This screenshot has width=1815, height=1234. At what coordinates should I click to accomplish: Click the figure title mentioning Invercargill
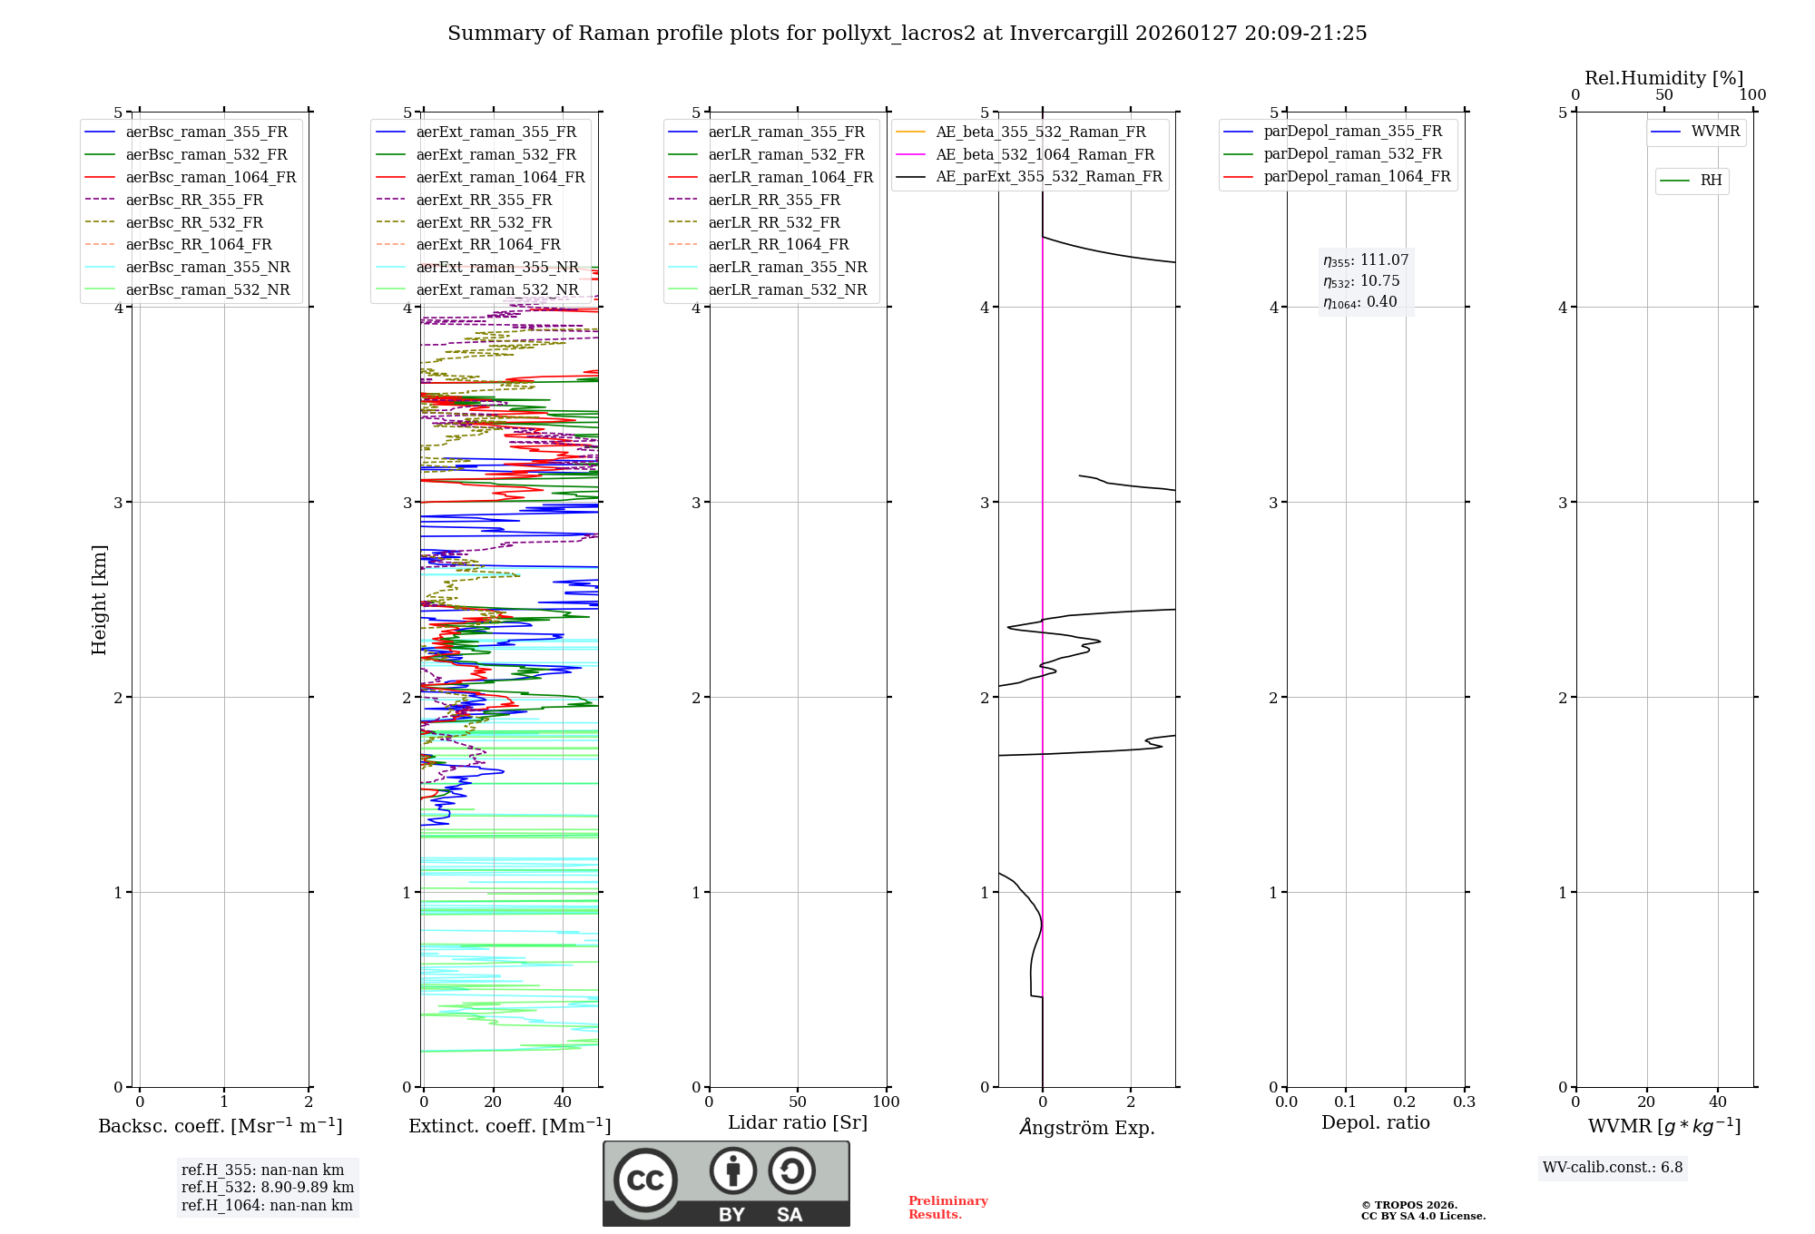pyautogui.click(x=907, y=34)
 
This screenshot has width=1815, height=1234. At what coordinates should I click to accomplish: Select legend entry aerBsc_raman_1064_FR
pyautogui.click(x=211, y=177)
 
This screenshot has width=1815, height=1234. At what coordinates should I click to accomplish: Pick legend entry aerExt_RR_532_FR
pyautogui.click(x=483, y=222)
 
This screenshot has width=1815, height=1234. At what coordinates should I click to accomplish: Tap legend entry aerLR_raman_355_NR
pyautogui.click(x=787, y=267)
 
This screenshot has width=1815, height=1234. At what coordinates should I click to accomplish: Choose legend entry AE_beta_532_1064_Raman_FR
pyautogui.click(x=1045, y=154)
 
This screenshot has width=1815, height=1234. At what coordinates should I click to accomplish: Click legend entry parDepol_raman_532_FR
pyautogui.click(x=1352, y=153)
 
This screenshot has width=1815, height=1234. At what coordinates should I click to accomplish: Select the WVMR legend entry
pyautogui.click(x=1714, y=132)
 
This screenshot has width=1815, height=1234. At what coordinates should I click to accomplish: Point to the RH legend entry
pyautogui.click(x=1711, y=181)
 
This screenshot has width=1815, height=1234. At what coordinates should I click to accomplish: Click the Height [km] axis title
pyautogui.click(x=99, y=599)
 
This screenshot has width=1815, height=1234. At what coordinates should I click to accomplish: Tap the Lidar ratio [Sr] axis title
pyautogui.click(x=797, y=1122)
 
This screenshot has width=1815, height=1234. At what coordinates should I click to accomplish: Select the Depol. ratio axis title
pyautogui.click(x=1375, y=1122)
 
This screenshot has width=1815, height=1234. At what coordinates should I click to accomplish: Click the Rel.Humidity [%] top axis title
pyautogui.click(x=1663, y=78)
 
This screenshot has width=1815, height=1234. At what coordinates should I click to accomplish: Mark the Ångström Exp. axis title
pyautogui.click(x=1086, y=1127)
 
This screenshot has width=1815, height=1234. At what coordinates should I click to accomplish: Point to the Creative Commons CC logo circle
pyautogui.click(x=645, y=1180)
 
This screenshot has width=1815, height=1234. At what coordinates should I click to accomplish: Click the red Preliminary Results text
pyautogui.click(x=947, y=1207)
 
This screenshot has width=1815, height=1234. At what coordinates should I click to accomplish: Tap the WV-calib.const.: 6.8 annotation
pyautogui.click(x=1612, y=1167)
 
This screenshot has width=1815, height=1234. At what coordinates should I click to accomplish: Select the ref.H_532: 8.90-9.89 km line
pyautogui.click(x=267, y=1187)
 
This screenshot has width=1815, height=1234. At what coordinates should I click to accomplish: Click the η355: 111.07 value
pyautogui.click(x=1366, y=260)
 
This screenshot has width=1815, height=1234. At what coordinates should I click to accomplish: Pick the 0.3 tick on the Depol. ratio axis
pyautogui.click(x=1464, y=1102)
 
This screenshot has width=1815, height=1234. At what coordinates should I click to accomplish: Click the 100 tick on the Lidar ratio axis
pyautogui.click(x=886, y=1102)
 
